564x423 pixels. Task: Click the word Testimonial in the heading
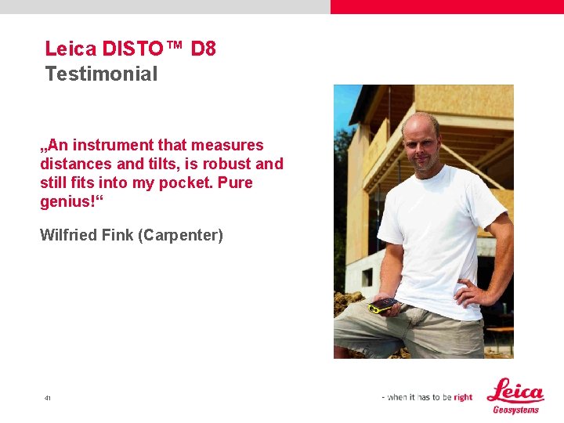click(x=101, y=74)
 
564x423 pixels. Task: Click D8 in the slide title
click(x=203, y=49)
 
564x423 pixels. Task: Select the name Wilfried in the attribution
click(x=69, y=235)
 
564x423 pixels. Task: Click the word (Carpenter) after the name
click(x=180, y=235)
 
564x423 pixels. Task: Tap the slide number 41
click(x=48, y=399)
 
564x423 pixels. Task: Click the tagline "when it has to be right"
click(x=428, y=397)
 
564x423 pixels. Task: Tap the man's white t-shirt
click(x=439, y=235)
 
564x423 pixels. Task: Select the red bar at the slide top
click(x=446, y=6)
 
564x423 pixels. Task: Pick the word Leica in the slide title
click(x=70, y=49)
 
